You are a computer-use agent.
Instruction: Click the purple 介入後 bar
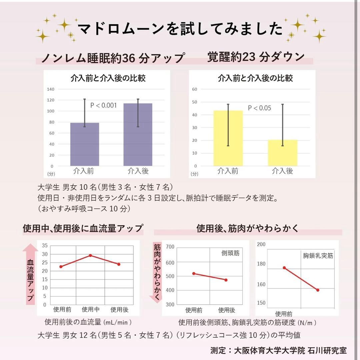(138, 135)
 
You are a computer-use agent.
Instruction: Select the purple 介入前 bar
(85, 144)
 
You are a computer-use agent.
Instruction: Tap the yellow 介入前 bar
(228, 138)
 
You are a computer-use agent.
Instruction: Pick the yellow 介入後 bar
(282, 153)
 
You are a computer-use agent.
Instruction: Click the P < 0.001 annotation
(104, 105)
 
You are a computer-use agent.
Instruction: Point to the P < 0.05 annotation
(259, 108)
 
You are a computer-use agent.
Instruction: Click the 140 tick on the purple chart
(51, 89)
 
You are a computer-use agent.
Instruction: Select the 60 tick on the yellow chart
(195, 89)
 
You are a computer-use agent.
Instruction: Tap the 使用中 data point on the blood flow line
(90, 255)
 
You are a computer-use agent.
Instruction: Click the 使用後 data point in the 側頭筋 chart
(226, 280)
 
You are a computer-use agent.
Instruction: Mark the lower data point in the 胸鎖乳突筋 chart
(318, 290)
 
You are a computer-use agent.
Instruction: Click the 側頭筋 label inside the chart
(230, 253)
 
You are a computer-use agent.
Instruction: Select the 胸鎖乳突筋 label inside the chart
(318, 256)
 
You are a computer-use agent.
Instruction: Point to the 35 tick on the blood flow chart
(45, 245)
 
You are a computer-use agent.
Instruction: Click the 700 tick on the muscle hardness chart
(170, 247)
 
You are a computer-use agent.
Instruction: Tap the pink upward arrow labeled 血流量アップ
(30, 274)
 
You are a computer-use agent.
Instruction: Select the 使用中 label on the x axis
(91, 309)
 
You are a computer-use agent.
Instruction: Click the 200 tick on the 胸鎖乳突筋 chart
(261, 244)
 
